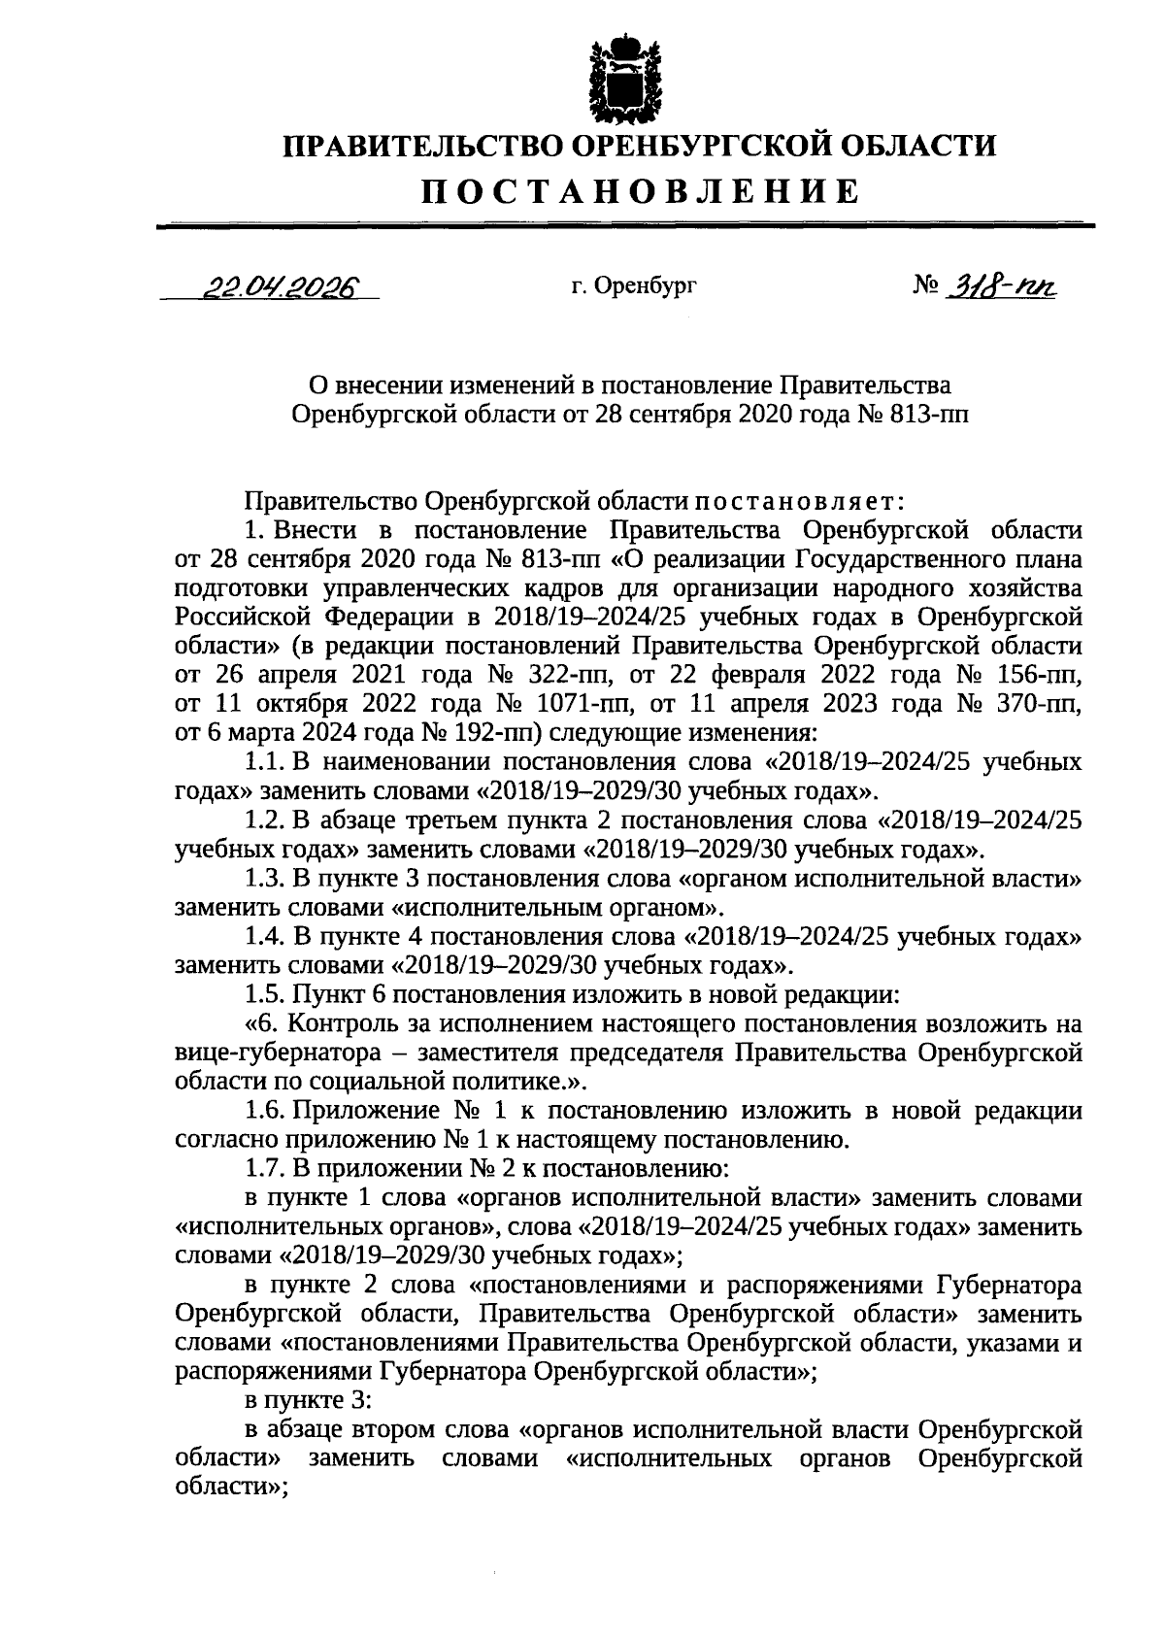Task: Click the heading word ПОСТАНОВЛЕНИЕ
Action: [x=640, y=191]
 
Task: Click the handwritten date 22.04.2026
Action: [x=278, y=285]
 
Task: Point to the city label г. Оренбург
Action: [x=634, y=286]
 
